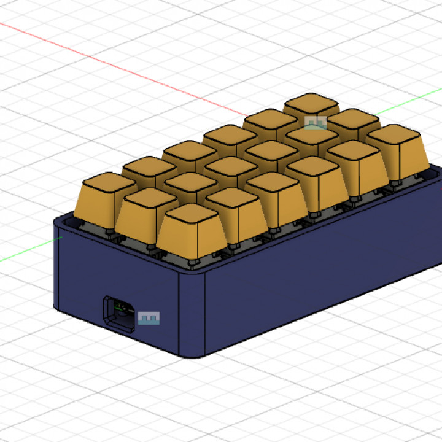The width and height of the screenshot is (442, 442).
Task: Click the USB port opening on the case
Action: pyautogui.click(x=119, y=313)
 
